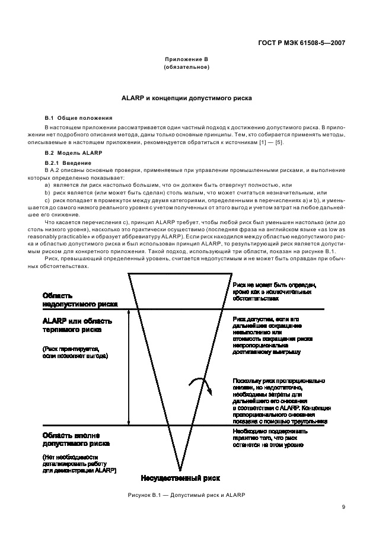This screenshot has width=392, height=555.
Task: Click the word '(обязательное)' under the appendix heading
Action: (x=186, y=67)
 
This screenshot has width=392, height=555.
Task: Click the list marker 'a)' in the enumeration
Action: (x=48, y=185)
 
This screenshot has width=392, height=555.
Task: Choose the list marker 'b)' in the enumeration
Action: (x=48, y=193)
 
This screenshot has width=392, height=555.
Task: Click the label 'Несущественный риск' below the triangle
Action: (x=180, y=477)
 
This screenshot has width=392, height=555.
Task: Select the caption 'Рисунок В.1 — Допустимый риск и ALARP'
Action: (x=186, y=495)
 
